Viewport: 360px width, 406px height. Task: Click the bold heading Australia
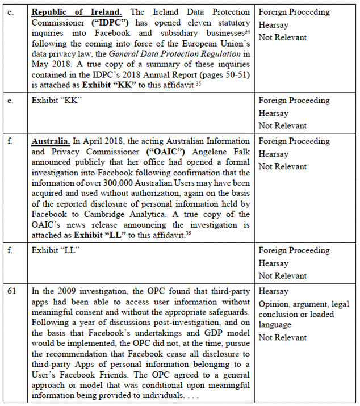click(51, 141)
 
